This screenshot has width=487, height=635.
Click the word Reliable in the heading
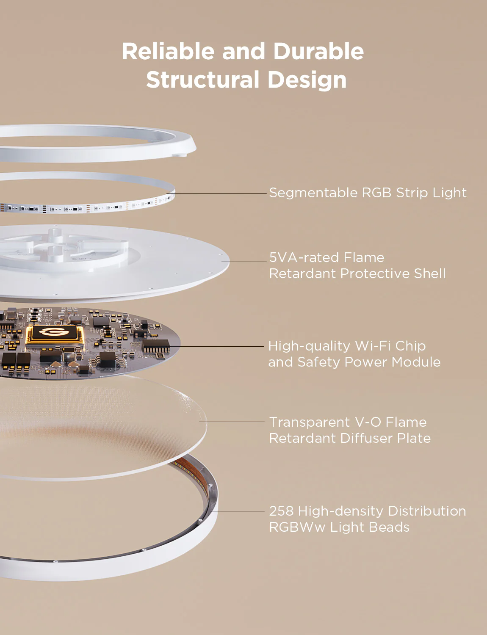(x=168, y=51)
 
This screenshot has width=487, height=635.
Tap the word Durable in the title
(x=318, y=51)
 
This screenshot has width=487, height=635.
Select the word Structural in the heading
(x=203, y=79)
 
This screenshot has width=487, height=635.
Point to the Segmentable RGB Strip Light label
(x=368, y=193)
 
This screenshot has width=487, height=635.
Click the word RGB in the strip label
(x=376, y=193)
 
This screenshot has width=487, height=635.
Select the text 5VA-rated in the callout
(x=304, y=257)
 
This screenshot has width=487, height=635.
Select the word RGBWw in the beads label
(x=297, y=527)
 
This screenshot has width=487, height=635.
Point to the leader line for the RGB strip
(x=216, y=193)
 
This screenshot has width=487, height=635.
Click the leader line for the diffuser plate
(x=232, y=422)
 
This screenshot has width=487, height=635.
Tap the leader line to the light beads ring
(x=238, y=511)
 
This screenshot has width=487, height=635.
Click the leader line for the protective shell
(x=244, y=262)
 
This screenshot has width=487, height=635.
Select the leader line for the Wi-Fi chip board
(x=216, y=346)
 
